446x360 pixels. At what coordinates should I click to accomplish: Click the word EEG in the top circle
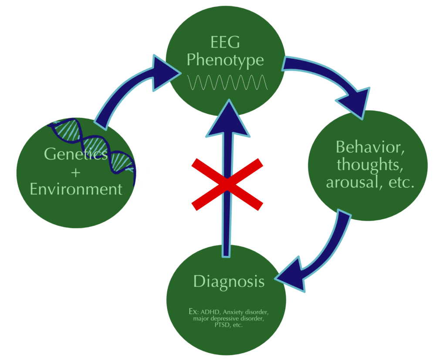225,43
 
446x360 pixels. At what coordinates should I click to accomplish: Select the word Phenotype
225,60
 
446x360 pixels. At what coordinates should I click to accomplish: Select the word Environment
76,189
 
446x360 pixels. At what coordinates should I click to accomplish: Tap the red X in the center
227,183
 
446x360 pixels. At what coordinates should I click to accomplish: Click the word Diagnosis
229,281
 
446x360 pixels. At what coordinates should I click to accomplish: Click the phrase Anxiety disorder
247,312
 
